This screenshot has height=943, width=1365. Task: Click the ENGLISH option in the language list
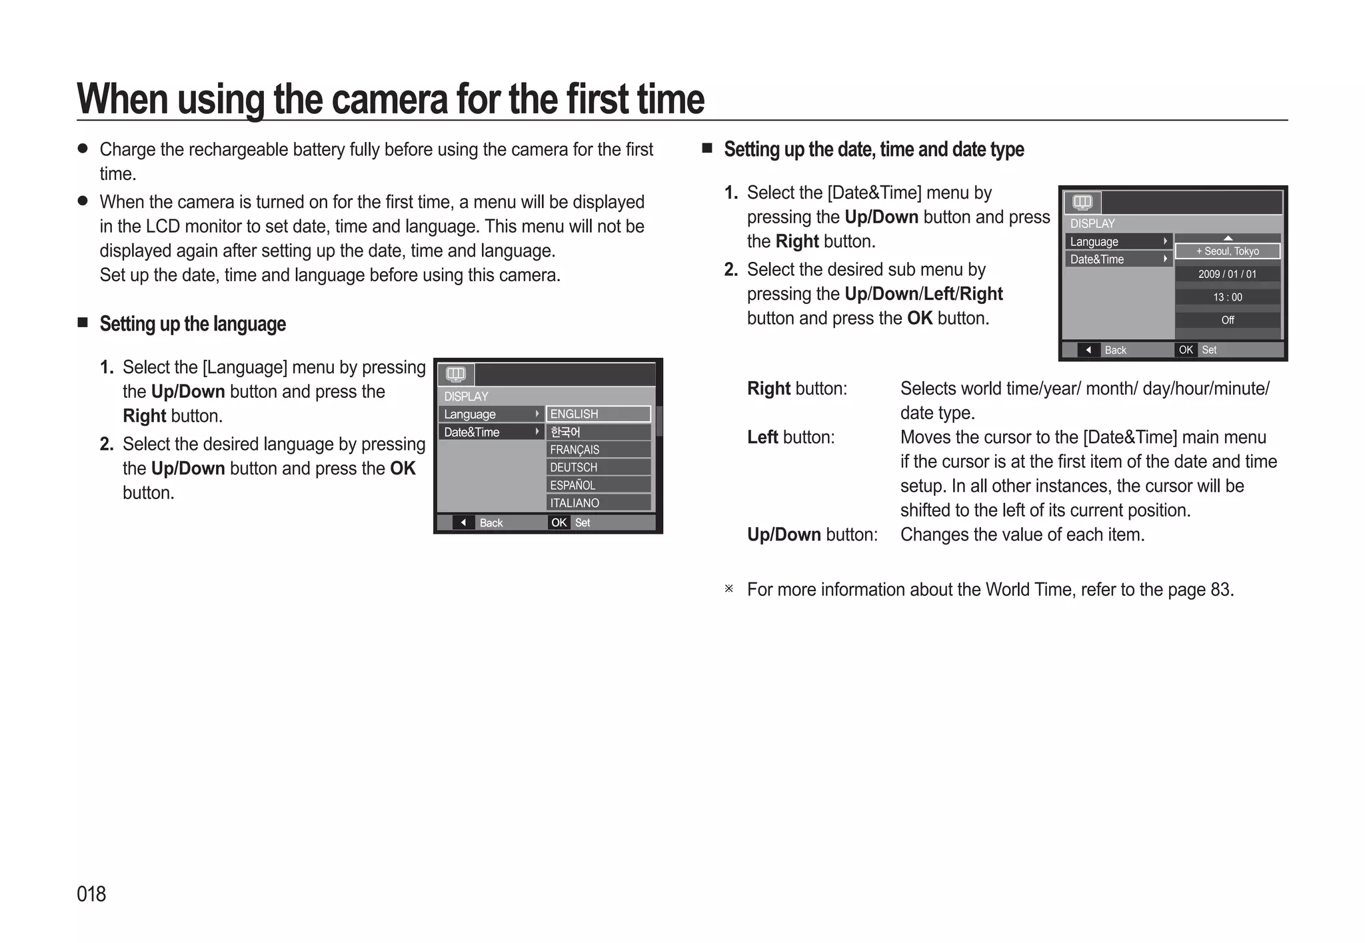pos(598,414)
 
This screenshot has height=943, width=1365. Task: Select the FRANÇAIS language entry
pos(598,450)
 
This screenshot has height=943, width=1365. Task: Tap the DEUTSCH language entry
pos(598,467)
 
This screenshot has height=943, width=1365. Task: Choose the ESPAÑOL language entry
pos(598,485)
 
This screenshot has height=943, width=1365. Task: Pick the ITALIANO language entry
pos(598,503)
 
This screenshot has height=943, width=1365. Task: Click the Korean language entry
pos(598,432)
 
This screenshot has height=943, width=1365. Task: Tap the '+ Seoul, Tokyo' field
pos(1227,251)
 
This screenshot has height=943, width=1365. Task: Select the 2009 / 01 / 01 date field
pos(1227,274)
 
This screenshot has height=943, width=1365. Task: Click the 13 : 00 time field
pos(1227,297)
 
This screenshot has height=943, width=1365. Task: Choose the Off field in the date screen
pos(1227,320)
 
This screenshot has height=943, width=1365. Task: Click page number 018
pos(91,894)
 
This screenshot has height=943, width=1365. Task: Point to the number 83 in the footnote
pos(1220,590)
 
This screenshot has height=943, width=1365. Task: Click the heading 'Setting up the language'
pos(193,324)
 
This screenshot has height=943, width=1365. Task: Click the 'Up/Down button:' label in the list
pos(812,534)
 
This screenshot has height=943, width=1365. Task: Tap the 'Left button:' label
pos(790,437)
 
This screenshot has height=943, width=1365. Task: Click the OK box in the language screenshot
pos(559,522)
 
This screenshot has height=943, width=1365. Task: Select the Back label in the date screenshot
pos(1115,350)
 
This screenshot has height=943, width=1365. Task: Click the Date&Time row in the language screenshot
pos(491,432)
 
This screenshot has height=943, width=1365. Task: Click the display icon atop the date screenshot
pos(1082,202)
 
